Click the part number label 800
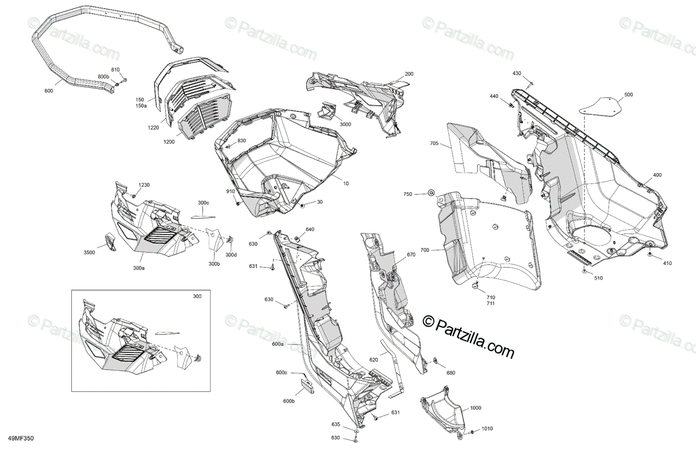click(x=48, y=91)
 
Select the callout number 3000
click(x=345, y=125)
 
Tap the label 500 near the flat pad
click(x=628, y=95)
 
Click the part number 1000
click(x=476, y=409)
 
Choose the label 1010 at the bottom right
click(x=487, y=429)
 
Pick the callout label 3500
click(x=89, y=253)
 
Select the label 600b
click(x=289, y=401)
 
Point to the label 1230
click(x=143, y=185)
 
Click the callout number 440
click(x=494, y=96)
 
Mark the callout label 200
click(x=409, y=74)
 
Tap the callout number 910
click(x=230, y=192)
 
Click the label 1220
click(x=153, y=128)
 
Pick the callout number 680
click(x=451, y=372)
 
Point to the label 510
click(x=598, y=278)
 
